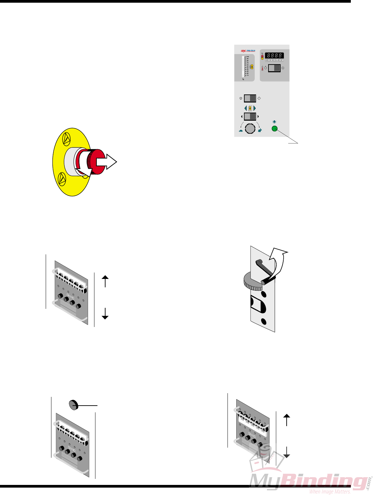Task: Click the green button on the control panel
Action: coord(275,129)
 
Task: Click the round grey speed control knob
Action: coord(250,129)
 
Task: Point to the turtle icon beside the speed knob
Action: coord(240,131)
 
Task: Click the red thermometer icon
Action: coord(262,68)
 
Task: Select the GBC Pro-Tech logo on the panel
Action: coord(248,51)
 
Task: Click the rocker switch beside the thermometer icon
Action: coord(274,68)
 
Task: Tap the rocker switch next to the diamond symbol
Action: coord(250,98)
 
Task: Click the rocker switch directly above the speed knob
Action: coord(250,117)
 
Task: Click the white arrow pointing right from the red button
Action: coord(106,162)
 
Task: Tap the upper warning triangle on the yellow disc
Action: coord(67,138)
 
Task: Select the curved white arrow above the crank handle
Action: coord(279,259)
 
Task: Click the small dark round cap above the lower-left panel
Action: coord(73,405)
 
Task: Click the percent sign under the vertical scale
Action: coord(243,79)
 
